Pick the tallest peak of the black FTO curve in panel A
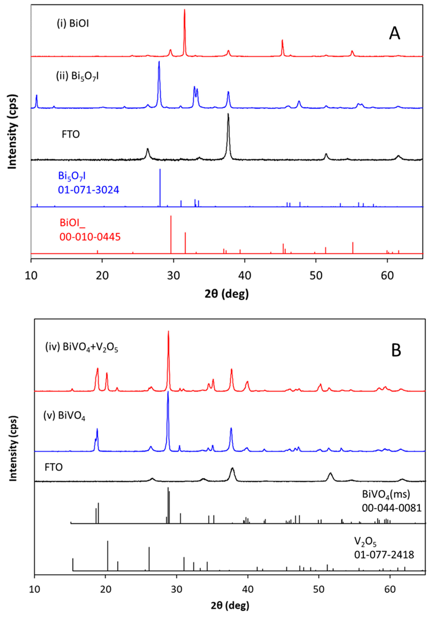click(x=228, y=114)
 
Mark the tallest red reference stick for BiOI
click(x=171, y=216)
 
